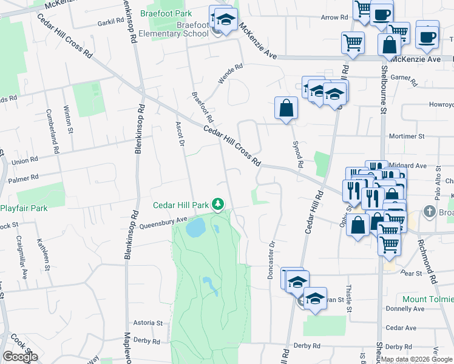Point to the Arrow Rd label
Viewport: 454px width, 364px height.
point(334,18)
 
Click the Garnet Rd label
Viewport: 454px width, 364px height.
point(405,79)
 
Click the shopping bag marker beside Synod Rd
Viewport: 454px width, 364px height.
point(286,109)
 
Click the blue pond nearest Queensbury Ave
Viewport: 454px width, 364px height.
point(195,228)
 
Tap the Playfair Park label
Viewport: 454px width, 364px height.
point(23,209)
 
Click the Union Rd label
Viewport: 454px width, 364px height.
point(25,161)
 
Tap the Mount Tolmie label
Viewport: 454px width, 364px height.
point(428,300)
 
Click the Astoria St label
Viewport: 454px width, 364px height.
point(148,323)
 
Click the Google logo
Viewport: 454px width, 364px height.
point(20,356)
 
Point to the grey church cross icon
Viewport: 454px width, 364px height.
point(429,212)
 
